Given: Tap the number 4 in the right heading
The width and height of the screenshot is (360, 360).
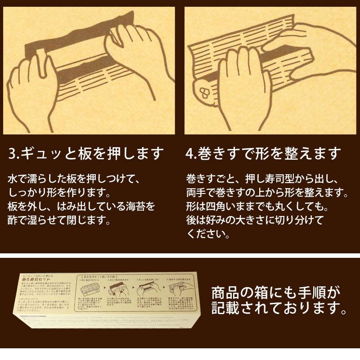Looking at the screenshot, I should pos(190,153).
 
